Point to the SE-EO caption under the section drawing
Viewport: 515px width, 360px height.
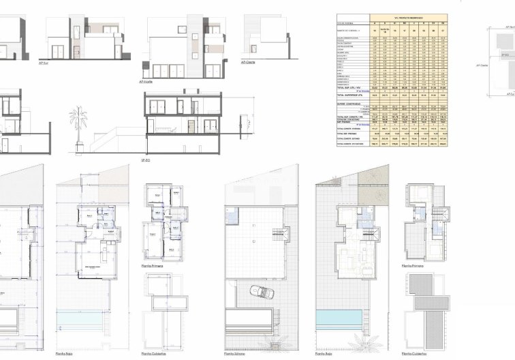[146, 160]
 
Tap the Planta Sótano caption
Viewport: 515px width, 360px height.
[235, 354]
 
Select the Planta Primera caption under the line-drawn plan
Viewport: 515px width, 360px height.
[151, 265]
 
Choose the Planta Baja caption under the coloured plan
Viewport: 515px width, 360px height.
[324, 354]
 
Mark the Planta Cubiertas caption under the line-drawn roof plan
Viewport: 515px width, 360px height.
[153, 354]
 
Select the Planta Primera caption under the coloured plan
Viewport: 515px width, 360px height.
[413, 265]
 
